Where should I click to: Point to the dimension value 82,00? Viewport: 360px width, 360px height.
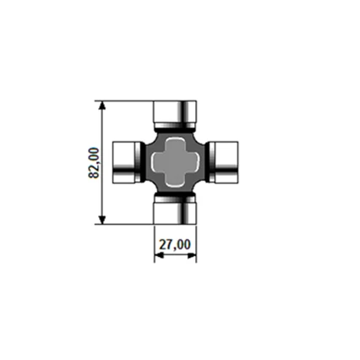(94, 161)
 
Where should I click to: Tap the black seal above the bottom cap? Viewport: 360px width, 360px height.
(174, 196)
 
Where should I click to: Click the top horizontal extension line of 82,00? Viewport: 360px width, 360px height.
(127, 100)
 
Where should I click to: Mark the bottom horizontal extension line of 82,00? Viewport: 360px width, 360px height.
(127, 224)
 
